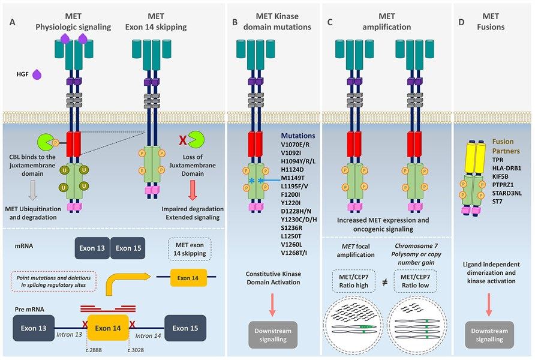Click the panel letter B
tap(235, 23)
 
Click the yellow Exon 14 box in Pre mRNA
tap(108, 328)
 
